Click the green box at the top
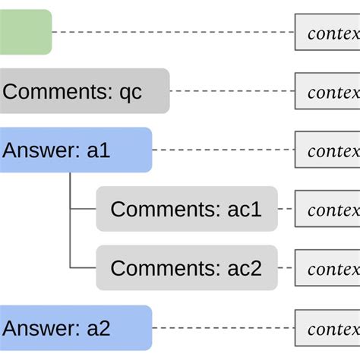(25, 32)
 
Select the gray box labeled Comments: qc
(84, 91)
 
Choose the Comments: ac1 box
(186, 208)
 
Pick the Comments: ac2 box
(186, 267)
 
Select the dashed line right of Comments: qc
(232, 92)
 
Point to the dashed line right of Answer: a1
(223, 150)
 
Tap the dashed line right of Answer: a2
(223, 329)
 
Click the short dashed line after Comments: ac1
(286, 209)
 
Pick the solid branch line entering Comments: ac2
(83, 267)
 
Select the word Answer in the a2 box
(39, 328)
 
